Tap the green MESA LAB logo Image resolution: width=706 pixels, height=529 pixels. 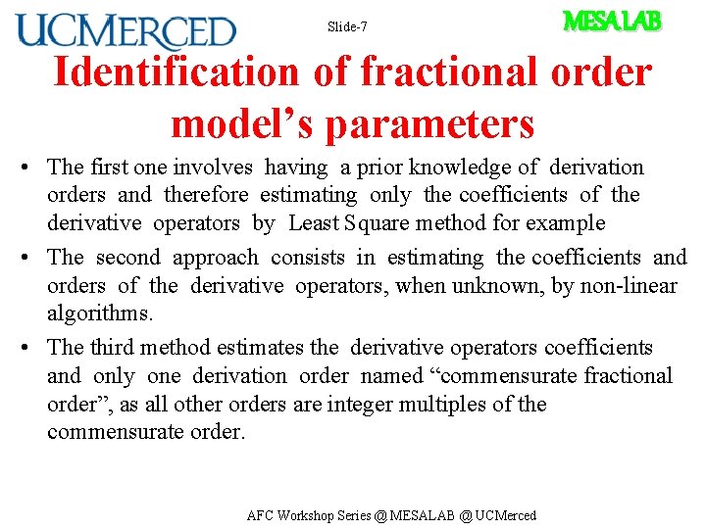tap(612, 21)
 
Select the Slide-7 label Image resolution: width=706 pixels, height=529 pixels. tap(347, 26)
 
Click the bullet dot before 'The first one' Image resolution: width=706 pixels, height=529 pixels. tap(32, 168)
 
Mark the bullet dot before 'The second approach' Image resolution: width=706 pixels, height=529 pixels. tap(32, 259)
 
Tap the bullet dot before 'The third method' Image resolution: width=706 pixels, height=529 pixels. tap(32, 348)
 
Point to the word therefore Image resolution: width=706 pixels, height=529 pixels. tap(204, 195)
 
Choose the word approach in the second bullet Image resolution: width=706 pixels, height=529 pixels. tap(216, 258)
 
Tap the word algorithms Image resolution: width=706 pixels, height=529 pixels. tap(100, 313)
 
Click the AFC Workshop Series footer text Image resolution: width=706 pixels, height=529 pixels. tap(391, 515)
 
